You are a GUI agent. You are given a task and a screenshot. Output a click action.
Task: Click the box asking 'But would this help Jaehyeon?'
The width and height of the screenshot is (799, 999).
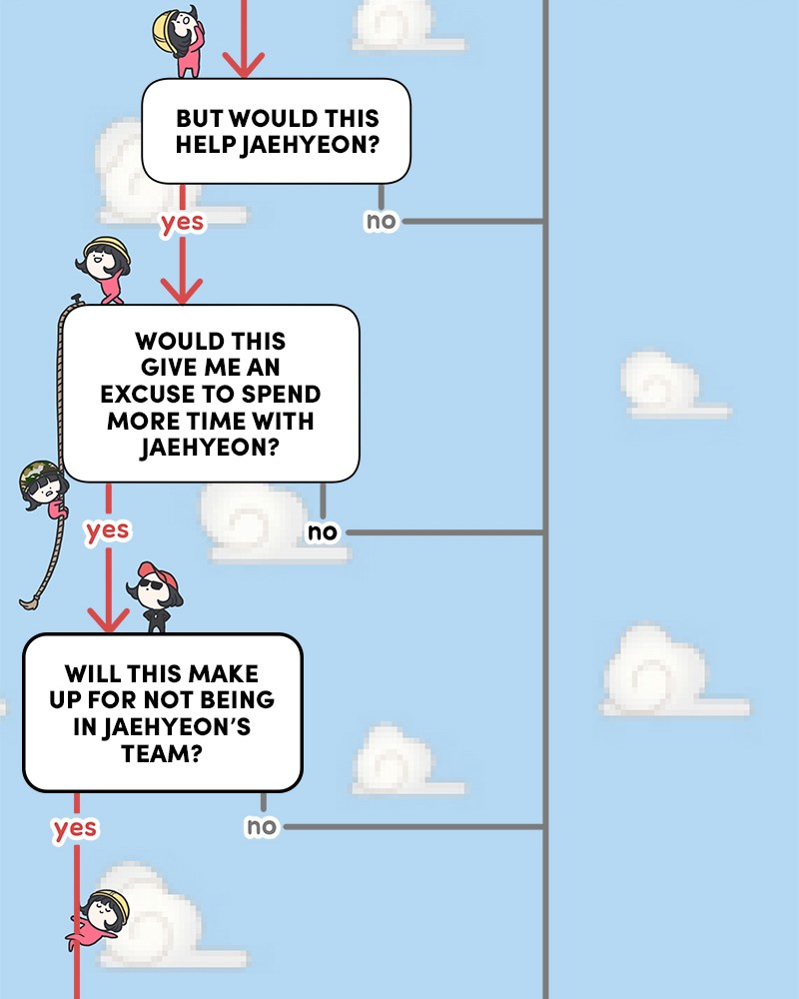coord(276,131)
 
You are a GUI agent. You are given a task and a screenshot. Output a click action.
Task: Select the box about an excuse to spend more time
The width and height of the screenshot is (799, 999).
coord(211,394)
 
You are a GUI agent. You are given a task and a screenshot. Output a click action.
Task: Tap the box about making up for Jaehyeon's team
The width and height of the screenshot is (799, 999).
coord(163,713)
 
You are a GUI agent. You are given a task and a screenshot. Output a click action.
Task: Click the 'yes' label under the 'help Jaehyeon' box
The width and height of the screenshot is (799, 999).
coord(182,223)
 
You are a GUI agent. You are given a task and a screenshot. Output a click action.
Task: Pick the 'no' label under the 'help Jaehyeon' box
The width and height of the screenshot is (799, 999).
coord(381,221)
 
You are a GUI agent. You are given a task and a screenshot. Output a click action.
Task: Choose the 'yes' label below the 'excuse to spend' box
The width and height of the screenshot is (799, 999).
coord(108,530)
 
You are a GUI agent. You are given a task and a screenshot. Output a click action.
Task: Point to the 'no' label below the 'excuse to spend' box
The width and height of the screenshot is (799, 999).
coord(323,532)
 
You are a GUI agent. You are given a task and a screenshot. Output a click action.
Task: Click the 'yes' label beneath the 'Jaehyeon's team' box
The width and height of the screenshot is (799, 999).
coord(75,828)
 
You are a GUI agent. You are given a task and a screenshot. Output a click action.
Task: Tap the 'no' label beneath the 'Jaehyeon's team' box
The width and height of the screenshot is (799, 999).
coord(262,826)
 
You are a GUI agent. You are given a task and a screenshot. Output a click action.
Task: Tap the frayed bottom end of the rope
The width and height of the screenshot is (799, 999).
coord(28,602)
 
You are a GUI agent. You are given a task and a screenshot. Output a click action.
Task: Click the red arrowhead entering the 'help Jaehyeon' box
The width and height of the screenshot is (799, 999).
coord(244,65)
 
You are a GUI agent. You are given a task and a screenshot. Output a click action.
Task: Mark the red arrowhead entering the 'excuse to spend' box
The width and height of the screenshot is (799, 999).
coord(182,291)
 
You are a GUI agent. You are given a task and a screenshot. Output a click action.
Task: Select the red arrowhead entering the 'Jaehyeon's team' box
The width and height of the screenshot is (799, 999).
coord(108,620)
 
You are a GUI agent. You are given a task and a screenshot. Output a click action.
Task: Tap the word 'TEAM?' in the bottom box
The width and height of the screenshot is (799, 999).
coord(162,754)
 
